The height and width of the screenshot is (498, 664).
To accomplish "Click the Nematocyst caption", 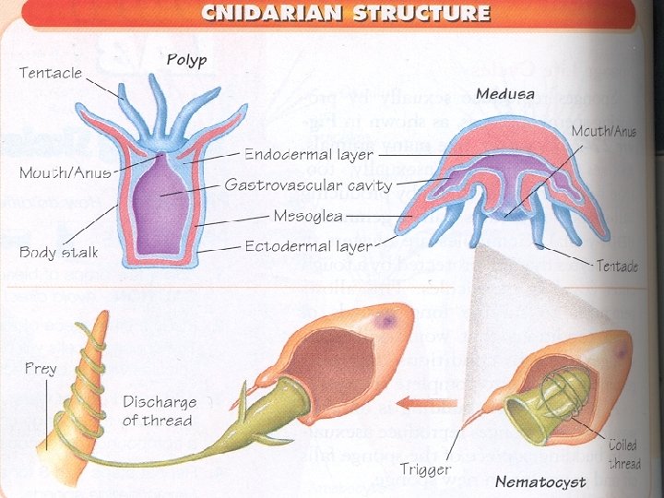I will tap(540, 481).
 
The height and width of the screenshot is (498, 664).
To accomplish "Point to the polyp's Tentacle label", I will tap(51, 72).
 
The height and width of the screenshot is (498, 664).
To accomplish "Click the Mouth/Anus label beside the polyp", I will tap(65, 172).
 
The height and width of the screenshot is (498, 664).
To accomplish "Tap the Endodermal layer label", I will tap(308, 154).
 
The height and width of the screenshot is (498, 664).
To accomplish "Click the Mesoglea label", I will tap(308, 216).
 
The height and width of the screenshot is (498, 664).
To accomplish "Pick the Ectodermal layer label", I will tap(308, 246).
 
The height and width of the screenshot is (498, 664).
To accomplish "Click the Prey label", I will tap(41, 368).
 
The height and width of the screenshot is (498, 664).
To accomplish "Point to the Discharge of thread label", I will tap(160, 410).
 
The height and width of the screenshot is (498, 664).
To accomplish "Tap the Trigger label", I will tap(426, 470).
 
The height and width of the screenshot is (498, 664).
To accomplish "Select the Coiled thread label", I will tap(623, 454).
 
